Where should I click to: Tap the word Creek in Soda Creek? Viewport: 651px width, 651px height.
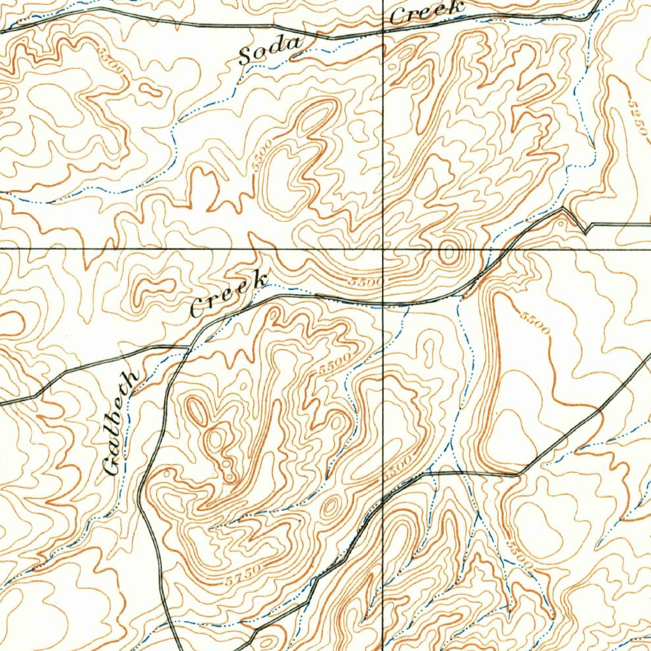pyautogui.click(x=426, y=12)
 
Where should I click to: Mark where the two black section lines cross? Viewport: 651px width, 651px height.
pyautogui.click(x=383, y=249)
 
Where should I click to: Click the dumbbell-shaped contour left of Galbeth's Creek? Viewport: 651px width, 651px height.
pyautogui.click(x=153, y=286)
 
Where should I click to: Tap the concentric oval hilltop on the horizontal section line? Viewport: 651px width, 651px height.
pyautogui.click(x=449, y=253)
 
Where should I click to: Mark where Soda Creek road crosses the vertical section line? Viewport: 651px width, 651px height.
pyautogui.click(x=383, y=31)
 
